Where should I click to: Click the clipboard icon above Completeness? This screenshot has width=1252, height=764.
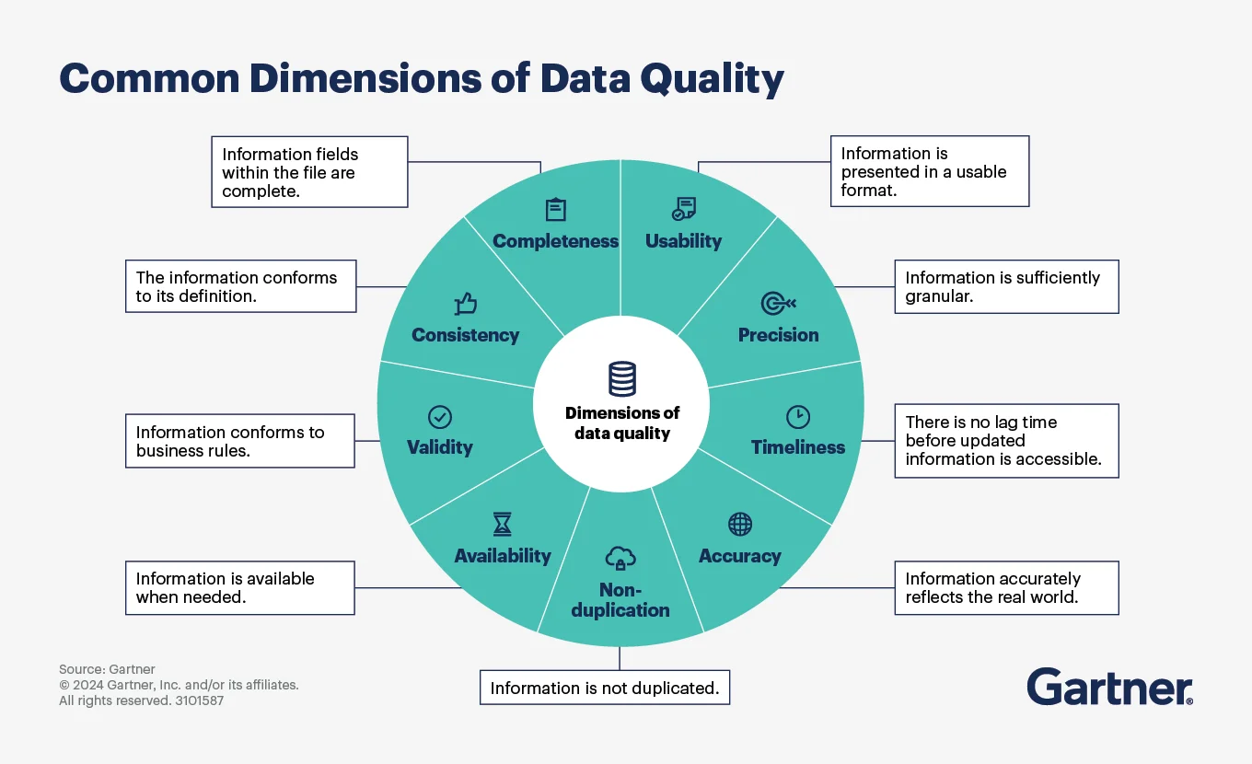click(555, 210)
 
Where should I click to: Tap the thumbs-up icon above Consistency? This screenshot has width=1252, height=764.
click(466, 304)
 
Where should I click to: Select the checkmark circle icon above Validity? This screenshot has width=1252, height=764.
click(440, 417)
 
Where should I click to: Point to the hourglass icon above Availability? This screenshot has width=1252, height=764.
click(502, 525)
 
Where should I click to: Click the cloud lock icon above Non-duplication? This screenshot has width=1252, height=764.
click(620, 557)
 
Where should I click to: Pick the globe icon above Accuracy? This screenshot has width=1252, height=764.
click(740, 525)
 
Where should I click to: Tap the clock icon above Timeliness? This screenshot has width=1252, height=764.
click(797, 417)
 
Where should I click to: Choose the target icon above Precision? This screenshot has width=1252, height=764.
click(778, 304)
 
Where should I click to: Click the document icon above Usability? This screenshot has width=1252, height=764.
click(683, 209)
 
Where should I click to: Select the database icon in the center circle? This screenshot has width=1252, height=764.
click(622, 379)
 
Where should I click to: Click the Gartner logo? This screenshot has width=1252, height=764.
click(1109, 688)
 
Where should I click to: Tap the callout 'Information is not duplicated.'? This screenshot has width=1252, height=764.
click(605, 688)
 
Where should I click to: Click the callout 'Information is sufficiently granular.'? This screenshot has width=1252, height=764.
click(1006, 286)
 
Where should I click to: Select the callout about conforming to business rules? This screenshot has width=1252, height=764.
click(239, 441)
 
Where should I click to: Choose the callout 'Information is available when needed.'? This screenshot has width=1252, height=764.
click(239, 587)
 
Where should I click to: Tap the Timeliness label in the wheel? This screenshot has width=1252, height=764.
click(797, 447)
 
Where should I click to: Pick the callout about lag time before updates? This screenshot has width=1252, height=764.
click(1006, 440)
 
